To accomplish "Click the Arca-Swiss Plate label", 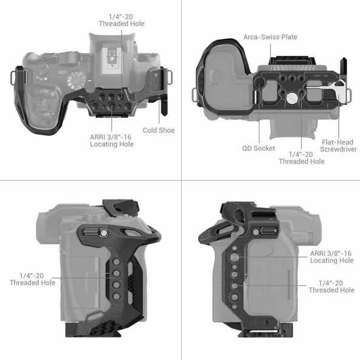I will point(270,37).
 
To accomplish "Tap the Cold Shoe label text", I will point(159,130).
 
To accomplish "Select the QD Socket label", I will point(258,148).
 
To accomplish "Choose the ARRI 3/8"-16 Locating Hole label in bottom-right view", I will point(331,257).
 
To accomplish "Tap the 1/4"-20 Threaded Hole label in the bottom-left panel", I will point(32,279).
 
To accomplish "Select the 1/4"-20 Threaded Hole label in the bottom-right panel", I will point(331,286).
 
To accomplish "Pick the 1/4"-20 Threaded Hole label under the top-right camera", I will point(302,157).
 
